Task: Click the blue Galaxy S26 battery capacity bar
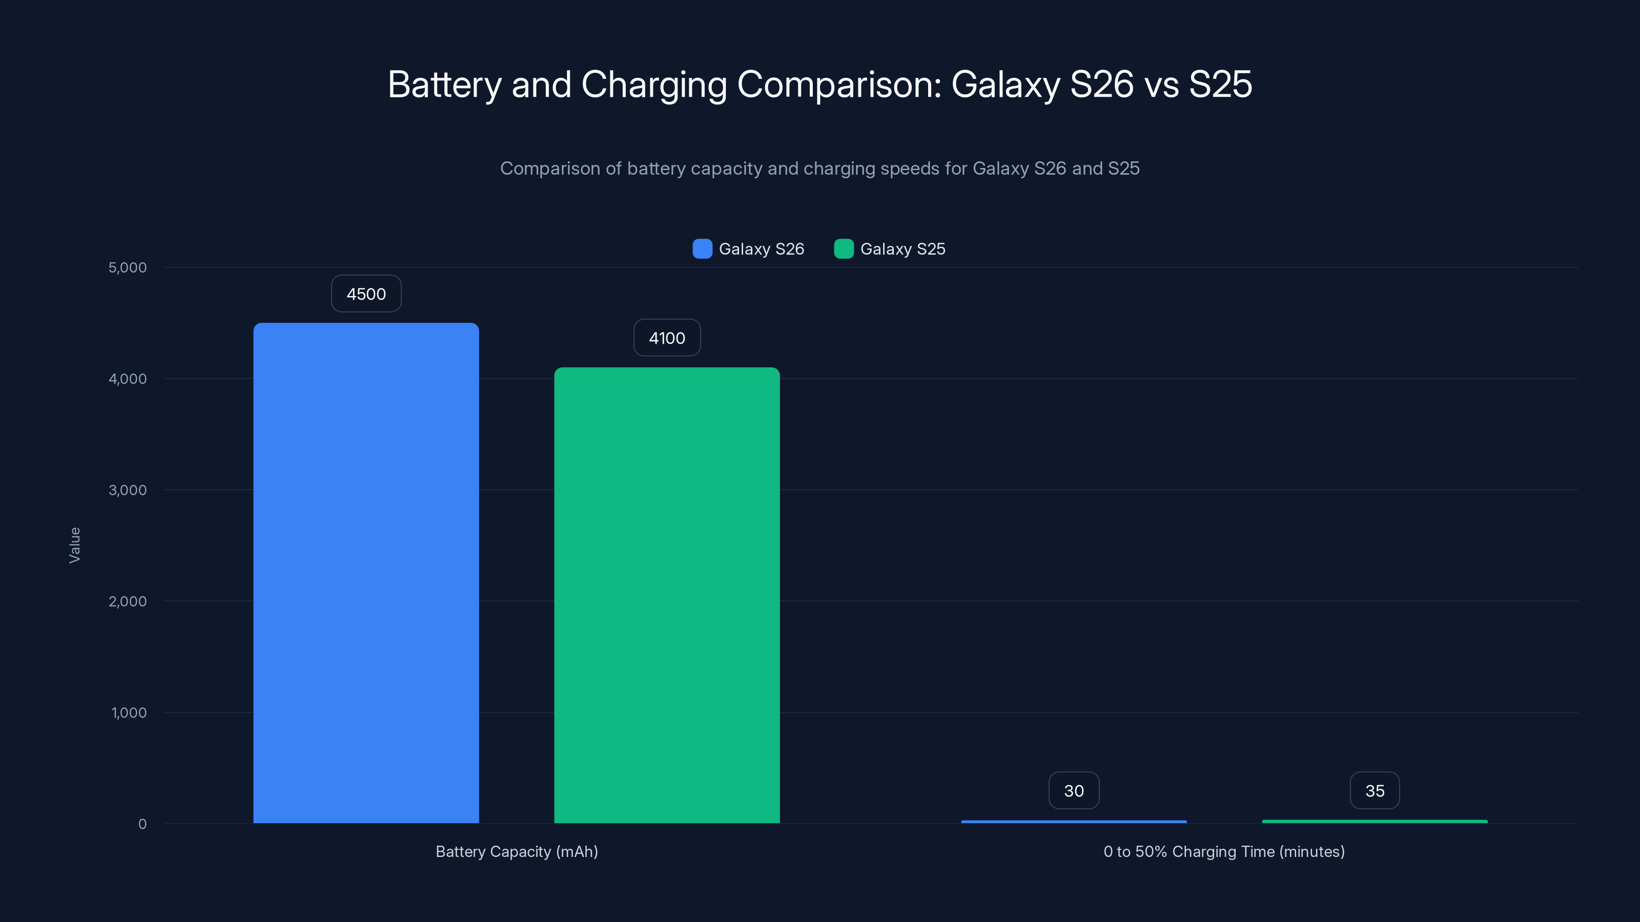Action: tap(366, 573)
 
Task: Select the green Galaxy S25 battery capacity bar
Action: tap(667, 595)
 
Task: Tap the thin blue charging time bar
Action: tap(1073, 822)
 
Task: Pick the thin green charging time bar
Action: tap(1375, 822)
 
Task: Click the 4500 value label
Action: tap(366, 294)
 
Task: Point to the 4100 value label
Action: tap(667, 338)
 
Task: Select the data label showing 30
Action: tap(1073, 791)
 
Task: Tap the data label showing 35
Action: tap(1375, 791)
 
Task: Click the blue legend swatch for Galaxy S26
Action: tap(702, 249)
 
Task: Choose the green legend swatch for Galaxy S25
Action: tap(844, 249)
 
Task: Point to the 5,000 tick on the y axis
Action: tap(127, 268)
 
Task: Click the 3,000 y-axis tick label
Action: tap(127, 490)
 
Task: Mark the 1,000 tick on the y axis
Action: tap(129, 713)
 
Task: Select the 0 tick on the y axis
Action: tap(142, 824)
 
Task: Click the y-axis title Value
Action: tap(74, 546)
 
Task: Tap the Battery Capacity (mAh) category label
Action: tap(516, 851)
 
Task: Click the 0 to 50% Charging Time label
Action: tap(1224, 851)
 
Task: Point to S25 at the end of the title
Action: tap(1220, 84)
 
